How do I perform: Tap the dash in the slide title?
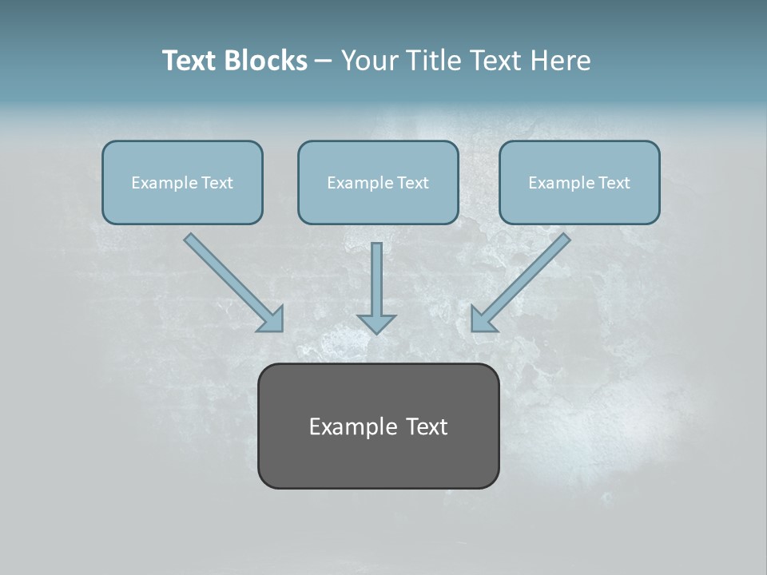(x=324, y=61)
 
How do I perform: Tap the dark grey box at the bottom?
(x=378, y=463)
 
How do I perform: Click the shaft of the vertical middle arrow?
(x=376, y=276)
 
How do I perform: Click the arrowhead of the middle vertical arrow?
(x=376, y=323)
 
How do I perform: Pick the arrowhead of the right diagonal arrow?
(x=483, y=319)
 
